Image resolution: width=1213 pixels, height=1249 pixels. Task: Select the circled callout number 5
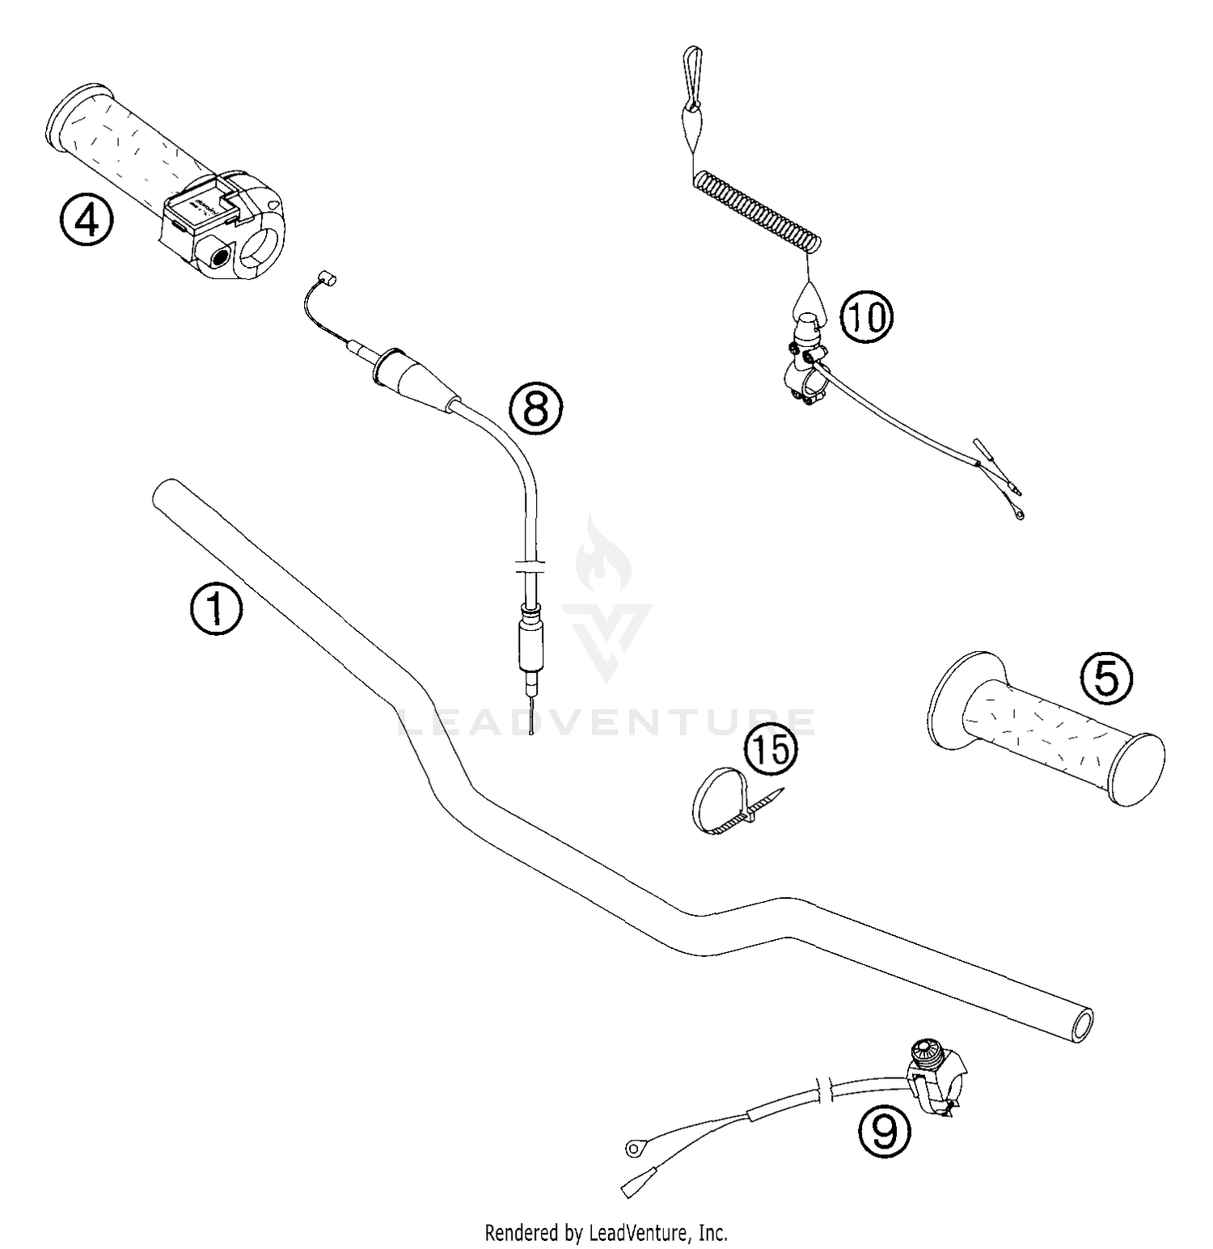1107,678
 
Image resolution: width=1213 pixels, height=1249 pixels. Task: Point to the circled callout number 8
535,409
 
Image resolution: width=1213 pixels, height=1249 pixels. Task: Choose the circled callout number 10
866,317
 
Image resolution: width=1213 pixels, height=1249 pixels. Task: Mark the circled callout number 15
771,750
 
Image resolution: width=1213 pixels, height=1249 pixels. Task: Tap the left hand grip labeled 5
1047,739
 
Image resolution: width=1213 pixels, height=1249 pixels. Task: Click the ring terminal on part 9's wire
633,1147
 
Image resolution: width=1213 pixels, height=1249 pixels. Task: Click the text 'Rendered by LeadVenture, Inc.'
606,1233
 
